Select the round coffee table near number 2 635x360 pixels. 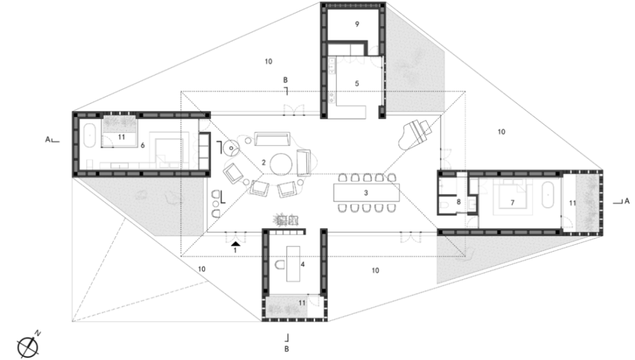[282, 164]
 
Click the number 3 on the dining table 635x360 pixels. [366, 193]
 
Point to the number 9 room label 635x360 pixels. [357, 24]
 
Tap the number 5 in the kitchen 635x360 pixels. [357, 84]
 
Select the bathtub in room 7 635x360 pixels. [548, 195]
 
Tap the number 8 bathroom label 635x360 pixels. [459, 202]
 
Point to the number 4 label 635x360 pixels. [303, 265]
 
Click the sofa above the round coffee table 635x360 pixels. [272, 139]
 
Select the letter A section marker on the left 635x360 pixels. [48, 139]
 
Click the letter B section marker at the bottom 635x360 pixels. [286, 349]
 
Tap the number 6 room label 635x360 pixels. [142, 145]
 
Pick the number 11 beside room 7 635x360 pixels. [572, 202]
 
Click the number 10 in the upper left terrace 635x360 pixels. [269, 62]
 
